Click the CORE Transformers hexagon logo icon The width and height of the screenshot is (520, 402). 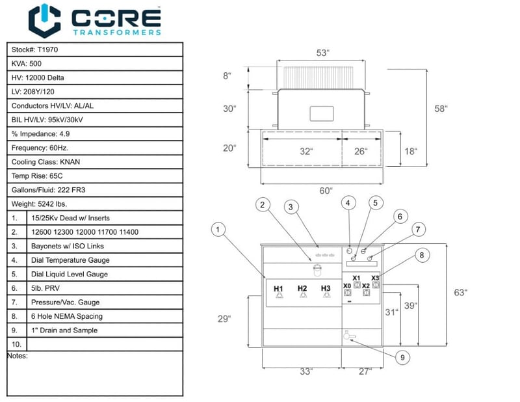44,21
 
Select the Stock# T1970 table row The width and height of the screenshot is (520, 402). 95,49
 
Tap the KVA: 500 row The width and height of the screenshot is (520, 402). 95,63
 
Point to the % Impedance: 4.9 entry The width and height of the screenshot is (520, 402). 40,134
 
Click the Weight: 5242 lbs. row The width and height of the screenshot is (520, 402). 95,204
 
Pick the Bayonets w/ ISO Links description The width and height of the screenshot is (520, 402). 68,246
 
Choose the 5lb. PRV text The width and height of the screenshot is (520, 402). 45,288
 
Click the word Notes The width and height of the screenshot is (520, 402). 18,356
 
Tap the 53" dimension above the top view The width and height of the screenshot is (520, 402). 322,53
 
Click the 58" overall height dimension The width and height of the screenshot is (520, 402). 441,109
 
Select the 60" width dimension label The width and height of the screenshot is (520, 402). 326,191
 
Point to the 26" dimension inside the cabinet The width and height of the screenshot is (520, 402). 361,152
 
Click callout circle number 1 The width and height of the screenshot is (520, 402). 218,230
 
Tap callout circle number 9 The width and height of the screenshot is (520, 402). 402,358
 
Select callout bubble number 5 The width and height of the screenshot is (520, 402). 376,203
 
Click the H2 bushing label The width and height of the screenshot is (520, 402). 302,288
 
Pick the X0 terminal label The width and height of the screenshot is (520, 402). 347,286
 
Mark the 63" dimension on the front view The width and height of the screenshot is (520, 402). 460,293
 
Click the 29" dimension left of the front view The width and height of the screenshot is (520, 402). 224,319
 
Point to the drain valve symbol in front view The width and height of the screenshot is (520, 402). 348,336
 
